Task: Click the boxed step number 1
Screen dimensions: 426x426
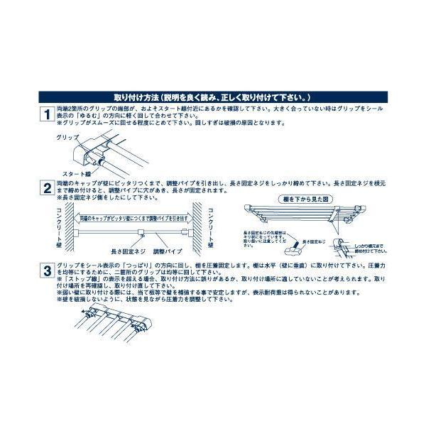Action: [45, 114]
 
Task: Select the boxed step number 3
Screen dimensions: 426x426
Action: [45, 270]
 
